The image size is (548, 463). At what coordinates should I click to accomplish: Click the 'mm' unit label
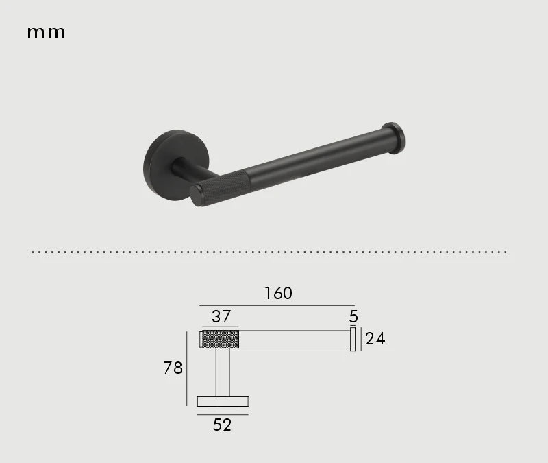[46, 32]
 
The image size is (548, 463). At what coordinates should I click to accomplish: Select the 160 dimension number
[278, 294]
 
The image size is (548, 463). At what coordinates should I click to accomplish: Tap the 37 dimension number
[221, 317]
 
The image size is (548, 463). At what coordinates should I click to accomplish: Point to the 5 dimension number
[353, 316]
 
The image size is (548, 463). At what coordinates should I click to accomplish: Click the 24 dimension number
[375, 338]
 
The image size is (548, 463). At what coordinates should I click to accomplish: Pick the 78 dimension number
[173, 368]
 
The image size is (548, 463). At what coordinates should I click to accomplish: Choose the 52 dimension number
[222, 425]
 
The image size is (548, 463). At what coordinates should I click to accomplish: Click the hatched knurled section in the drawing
[221, 339]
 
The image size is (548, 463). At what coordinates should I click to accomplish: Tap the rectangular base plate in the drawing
[223, 401]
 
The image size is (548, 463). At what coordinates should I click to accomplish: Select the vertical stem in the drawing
[223, 372]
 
